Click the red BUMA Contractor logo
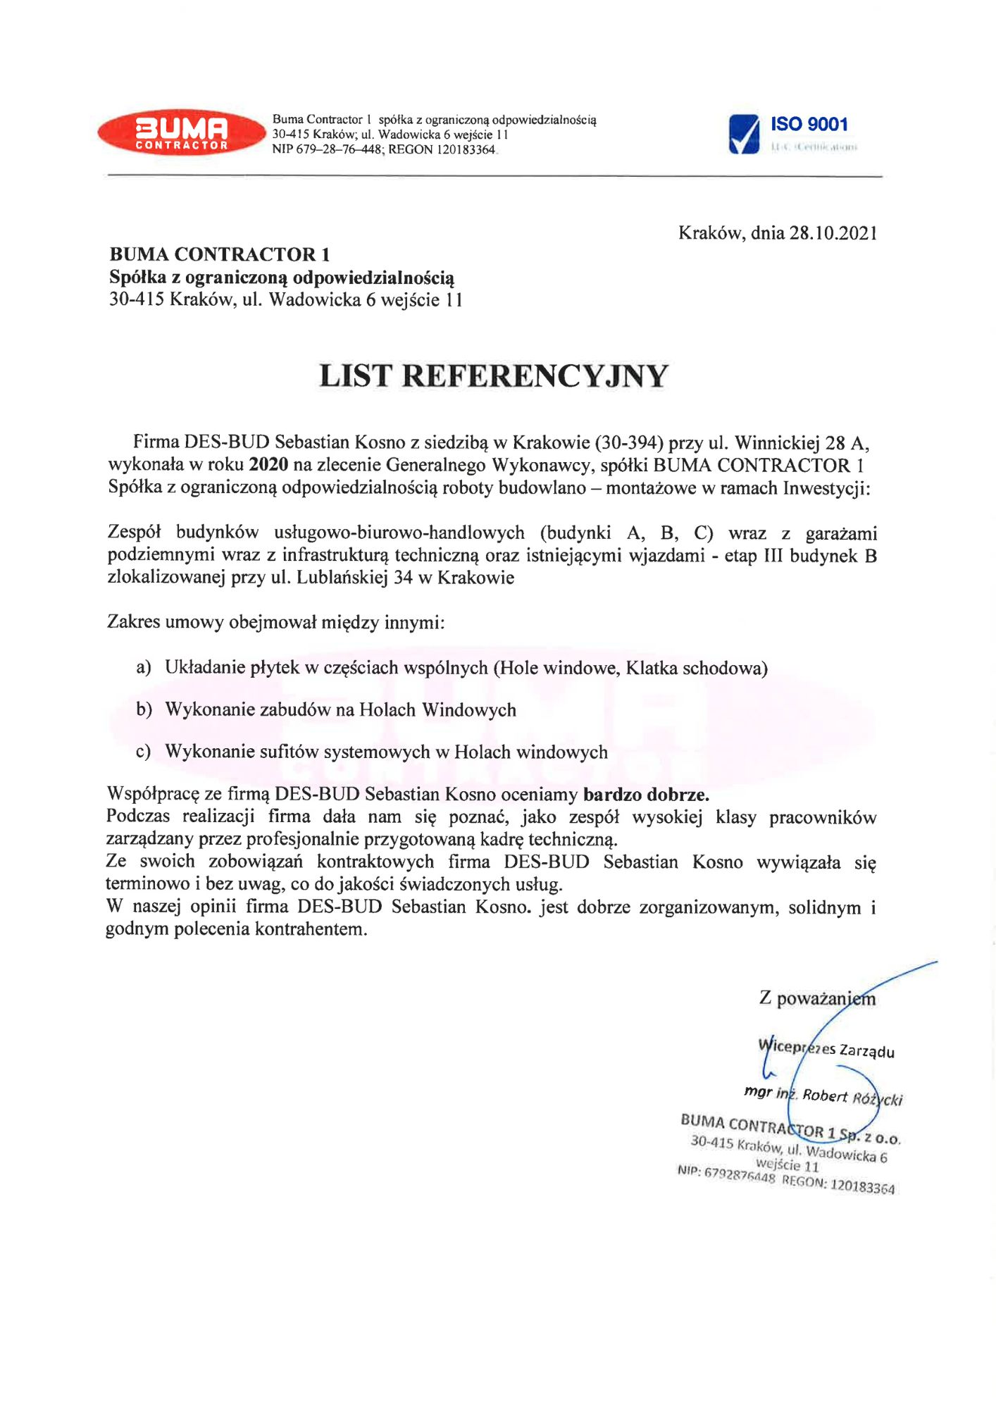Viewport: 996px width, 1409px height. tap(181, 132)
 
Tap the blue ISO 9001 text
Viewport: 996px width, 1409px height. tap(809, 125)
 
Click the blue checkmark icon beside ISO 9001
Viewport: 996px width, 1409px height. tap(744, 134)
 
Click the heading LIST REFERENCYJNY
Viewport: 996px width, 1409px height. tap(493, 375)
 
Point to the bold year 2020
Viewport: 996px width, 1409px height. tap(268, 465)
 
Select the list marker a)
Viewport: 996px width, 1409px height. tap(143, 667)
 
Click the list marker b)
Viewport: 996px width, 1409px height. tap(144, 709)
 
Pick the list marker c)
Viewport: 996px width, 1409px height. tap(143, 752)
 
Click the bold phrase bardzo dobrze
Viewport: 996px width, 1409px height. tap(646, 795)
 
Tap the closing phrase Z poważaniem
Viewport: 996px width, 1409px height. tap(817, 998)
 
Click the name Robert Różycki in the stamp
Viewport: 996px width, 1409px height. tap(852, 1097)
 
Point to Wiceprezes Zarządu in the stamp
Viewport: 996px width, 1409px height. tap(826, 1049)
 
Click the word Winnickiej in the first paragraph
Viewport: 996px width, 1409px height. tap(777, 442)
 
